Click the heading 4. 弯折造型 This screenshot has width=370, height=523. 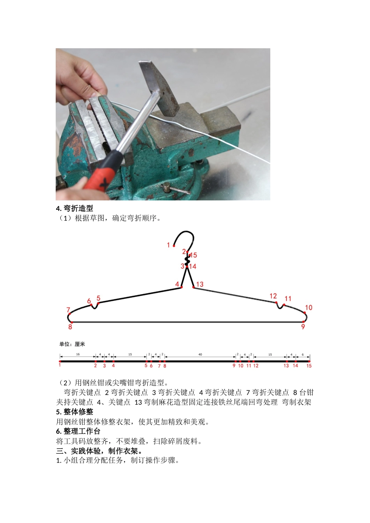(74, 209)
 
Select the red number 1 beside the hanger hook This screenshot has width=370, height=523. (168, 245)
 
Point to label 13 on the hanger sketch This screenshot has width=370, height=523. (200, 284)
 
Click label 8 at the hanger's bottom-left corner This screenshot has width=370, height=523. (70, 327)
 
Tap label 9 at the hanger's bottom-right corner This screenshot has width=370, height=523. (303, 327)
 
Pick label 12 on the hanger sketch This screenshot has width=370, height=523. (273, 296)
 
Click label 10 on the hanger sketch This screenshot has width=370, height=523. (308, 308)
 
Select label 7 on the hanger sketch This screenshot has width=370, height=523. (68, 310)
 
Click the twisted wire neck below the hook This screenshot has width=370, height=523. (187, 259)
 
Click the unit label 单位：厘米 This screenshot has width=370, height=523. (72, 344)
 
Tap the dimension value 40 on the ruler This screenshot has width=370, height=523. (200, 355)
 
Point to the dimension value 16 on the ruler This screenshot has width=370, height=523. (78, 355)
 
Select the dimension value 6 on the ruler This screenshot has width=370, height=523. (303, 355)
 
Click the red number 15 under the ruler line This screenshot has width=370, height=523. (309, 366)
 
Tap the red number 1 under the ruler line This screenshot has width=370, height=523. (60, 365)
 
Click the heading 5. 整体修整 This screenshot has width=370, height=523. (74, 412)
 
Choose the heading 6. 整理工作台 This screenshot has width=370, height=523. (78, 432)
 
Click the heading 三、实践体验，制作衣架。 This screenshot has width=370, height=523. (100, 451)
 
